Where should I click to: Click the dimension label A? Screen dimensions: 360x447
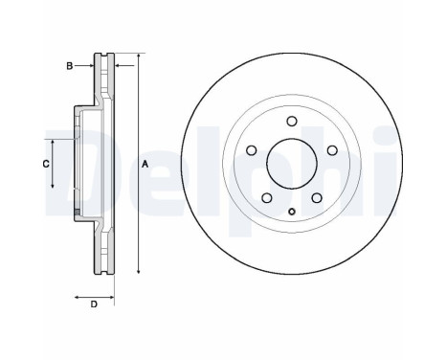(145, 165)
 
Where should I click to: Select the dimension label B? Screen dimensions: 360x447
(68, 65)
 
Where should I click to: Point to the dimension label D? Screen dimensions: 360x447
(93, 304)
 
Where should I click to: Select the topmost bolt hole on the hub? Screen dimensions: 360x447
(292, 121)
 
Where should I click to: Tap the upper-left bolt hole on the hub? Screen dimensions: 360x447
(251, 150)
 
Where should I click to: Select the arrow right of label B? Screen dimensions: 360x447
(86, 65)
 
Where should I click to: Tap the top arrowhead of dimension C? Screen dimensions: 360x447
(52, 140)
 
